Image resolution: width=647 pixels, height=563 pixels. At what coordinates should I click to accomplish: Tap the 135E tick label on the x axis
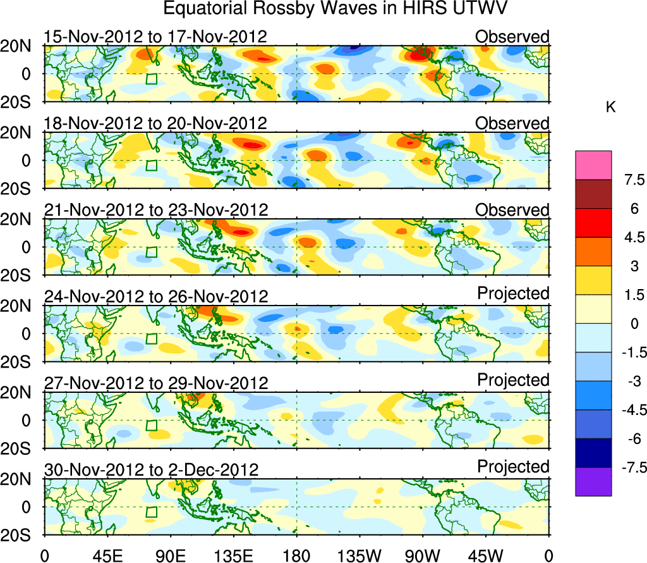[x=233, y=555]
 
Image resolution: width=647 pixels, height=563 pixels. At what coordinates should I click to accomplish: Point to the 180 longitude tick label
[x=296, y=555]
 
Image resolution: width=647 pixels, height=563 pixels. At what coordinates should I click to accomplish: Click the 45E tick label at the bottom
[x=107, y=555]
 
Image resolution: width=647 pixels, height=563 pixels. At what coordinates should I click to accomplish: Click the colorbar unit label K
[x=610, y=108]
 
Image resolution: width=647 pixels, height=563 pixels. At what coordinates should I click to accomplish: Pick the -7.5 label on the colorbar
[x=629, y=467]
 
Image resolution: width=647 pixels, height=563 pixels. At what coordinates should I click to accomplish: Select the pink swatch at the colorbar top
[x=593, y=165]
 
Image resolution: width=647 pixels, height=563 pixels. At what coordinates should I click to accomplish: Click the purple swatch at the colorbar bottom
[x=593, y=481]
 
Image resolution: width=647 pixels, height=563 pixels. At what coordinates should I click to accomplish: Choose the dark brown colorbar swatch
[x=593, y=194]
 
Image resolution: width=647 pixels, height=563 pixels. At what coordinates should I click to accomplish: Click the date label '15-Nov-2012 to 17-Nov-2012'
[x=155, y=37]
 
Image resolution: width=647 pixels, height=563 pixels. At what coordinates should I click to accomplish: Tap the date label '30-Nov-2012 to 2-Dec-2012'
[x=152, y=469]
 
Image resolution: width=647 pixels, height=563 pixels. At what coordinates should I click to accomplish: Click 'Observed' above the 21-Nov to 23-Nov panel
[x=512, y=209]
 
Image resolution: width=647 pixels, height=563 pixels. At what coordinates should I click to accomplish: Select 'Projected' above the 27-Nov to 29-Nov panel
[x=513, y=380]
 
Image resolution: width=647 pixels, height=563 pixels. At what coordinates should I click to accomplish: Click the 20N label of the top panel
[x=20, y=46]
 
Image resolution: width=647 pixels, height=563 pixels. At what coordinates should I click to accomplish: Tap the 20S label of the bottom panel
[x=20, y=535]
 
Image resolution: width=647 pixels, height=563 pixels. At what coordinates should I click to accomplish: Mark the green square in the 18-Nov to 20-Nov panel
[x=151, y=165]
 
